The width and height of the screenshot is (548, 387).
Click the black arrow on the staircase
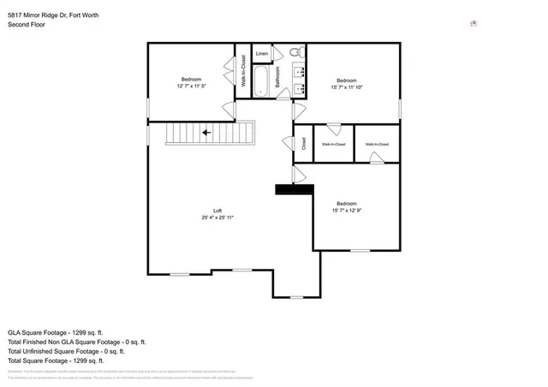[x=205, y=133]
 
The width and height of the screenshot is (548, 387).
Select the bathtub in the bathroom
[x=262, y=82]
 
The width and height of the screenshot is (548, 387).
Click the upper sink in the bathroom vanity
[x=301, y=70]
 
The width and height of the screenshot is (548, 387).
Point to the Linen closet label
[x=262, y=53]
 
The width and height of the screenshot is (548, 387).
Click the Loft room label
[x=217, y=211]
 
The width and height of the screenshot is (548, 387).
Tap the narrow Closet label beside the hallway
[x=303, y=144]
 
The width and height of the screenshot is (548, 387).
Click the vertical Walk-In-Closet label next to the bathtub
[x=243, y=71]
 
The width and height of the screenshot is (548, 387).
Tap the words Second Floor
[x=27, y=25]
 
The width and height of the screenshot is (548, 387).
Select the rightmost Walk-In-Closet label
[x=377, y=145]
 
